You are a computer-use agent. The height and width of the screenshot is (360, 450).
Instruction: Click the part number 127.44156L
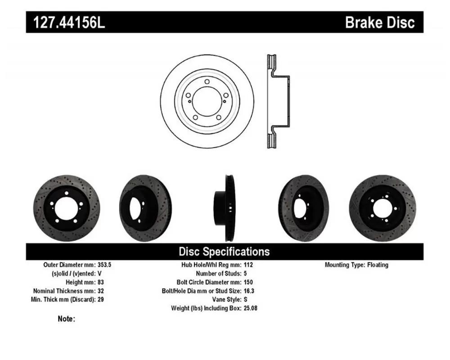click(x=69, y=22)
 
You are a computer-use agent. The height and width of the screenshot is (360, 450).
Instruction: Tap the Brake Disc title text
click(x=380, y=22)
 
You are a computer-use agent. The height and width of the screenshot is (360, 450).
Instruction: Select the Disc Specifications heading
click(x=224, y=252)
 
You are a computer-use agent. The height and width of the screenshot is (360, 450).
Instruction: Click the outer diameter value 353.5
click(x=104, y=265)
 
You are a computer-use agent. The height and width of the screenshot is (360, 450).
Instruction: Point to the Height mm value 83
click(x=101, y=282)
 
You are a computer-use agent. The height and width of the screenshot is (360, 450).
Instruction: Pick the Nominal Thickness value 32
click(x=101, y=291)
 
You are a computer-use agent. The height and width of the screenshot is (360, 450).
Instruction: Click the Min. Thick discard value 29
click(x=101, y=299)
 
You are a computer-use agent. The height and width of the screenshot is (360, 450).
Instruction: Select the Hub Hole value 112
click(x=248, y=265)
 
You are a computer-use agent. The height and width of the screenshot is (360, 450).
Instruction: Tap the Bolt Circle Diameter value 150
click(x=248, y=282)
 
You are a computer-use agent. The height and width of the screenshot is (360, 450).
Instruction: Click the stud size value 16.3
click(x=249, y=291)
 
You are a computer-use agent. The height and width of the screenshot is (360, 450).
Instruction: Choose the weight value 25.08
click(x=251, y=308)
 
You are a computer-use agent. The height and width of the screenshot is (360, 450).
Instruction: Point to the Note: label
click(x=66, y=319)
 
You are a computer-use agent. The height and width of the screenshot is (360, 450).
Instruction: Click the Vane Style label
click(x=227, y=299)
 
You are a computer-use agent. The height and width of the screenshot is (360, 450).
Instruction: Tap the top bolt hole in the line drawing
click(x=207, y=82)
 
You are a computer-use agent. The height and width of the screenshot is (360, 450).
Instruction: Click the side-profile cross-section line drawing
click(x=278, y=101)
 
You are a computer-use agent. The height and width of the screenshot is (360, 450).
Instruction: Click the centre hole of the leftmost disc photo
click(x=66, y=209)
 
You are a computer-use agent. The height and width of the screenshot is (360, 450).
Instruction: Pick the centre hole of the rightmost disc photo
click(x=382, y=209)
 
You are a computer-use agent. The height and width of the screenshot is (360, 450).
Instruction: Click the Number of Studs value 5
click(x=245, y=273)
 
